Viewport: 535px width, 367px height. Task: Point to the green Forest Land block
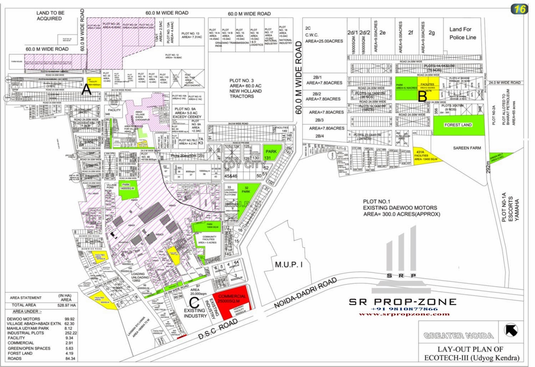tap(458, 125)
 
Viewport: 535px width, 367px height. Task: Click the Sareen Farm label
tap(467, 148)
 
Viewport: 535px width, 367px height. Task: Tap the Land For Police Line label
tap(463, 33)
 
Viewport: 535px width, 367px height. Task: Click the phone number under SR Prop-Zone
tap(404, 309)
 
